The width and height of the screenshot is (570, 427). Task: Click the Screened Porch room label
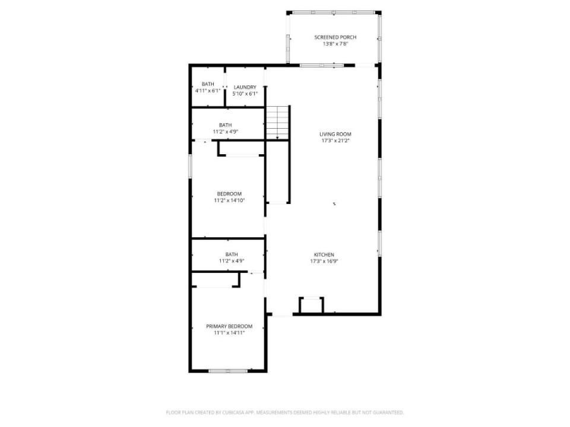[x=335, y=37]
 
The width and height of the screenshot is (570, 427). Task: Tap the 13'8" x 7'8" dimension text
[x=335, y=44]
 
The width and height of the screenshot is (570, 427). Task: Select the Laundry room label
[x=245, y=87]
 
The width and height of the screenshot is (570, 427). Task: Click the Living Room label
[x=335, y=134]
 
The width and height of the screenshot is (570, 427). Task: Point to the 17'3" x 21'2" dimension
[x=335, y=141]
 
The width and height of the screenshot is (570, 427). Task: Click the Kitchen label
[x=324, y=254]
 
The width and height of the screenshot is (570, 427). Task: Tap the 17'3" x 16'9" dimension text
[x=324, y=261]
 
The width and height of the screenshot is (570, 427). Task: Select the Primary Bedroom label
[x=229, y=326]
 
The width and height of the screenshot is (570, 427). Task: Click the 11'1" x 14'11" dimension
[x=229, y=333]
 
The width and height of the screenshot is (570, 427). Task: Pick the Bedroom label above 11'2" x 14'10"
[x=229, y=193]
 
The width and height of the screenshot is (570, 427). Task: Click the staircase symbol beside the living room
[x=278, y=122]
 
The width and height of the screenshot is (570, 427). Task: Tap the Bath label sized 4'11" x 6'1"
[x=208, y=84]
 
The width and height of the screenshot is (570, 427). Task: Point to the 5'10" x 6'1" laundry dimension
[x=245, y=94]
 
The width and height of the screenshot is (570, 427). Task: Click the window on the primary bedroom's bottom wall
[x=228, y=371]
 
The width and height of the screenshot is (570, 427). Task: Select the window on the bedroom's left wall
[x=190, y=166]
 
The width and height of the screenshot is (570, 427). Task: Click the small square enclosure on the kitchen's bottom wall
[x=311, y=305]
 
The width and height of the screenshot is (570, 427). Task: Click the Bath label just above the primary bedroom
[x=232, y=254]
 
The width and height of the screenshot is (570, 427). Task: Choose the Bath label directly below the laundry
[x=226, y=125]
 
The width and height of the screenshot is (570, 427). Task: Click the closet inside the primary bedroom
[x=215, y=279]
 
